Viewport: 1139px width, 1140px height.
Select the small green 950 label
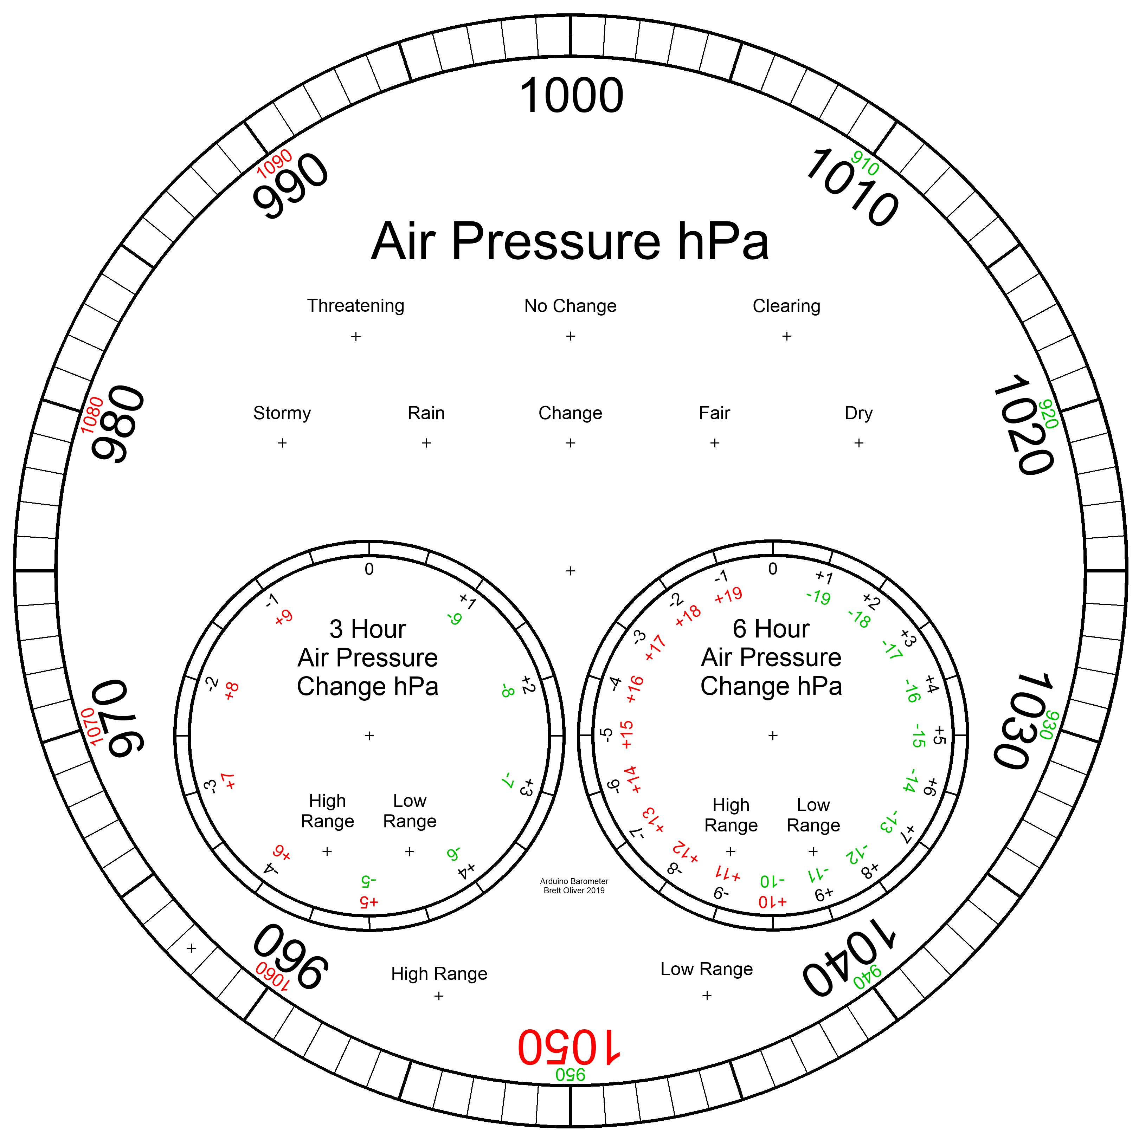[570, 1075]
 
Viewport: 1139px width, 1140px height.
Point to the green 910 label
[865, 163]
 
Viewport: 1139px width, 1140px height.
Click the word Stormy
[282, 413]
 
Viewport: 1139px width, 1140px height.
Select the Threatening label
[356, 306]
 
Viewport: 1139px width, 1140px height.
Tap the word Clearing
[787, 306]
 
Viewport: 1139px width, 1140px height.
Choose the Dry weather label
[859, 413]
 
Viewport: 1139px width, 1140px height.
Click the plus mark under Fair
[715, 442]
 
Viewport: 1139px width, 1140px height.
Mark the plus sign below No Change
[571, 336]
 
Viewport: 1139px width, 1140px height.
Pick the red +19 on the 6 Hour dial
[728, 595]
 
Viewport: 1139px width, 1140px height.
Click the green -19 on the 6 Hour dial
[818, 597]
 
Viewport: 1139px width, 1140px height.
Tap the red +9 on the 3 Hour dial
[284, 617]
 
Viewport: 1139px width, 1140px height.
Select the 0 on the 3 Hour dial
[369, 569]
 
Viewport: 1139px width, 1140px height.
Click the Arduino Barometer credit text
[574, 886]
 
